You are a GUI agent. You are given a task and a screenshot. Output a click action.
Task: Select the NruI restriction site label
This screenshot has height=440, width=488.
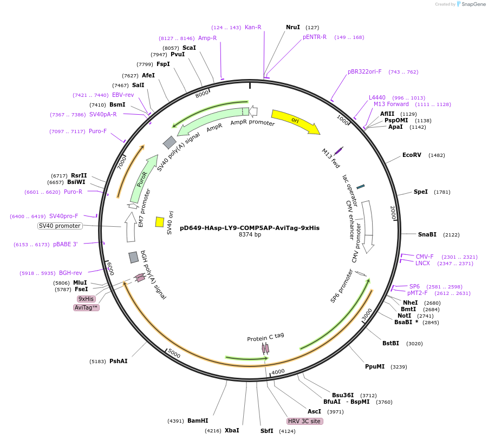pyautogui.click(x=293, y=27)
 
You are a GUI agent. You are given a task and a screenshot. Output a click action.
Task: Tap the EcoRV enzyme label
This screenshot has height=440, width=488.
pyautogui.click(x=412, y=155)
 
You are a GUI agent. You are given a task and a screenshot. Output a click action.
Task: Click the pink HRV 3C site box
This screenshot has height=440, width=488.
pyautogui.click(x=304, y=421)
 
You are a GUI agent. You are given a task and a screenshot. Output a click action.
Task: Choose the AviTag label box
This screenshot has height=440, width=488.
pyautogui.click(x=87, y=307)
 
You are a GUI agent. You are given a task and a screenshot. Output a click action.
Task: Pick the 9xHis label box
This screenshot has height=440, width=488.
pyautogui.click(x=86, y=299)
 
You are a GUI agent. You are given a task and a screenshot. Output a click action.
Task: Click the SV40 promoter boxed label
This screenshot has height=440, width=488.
pyautogui.click(x=60, y=226)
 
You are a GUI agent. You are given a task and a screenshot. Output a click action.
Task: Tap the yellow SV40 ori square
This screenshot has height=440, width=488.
pyautogui.click(x=160, y=222)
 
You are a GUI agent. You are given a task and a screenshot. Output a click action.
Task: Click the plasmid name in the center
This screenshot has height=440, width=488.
pyautogui.click(x=250, y=228)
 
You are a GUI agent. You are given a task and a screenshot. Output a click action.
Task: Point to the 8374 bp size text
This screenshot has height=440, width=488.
pyautogui.click(x=250, y=235)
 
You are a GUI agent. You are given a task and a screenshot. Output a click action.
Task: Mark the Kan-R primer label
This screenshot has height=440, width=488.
pyautogui.click(x=253, y=27)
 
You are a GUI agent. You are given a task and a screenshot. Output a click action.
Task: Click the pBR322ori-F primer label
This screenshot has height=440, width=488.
pyautogui.click(x=365, y=71)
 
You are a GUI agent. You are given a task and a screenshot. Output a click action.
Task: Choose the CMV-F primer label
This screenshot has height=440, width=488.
pyautogui.click(x=425, y=257)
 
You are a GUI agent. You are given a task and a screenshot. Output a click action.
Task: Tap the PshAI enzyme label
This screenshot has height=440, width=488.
pyautogui.click(x=118, y=361)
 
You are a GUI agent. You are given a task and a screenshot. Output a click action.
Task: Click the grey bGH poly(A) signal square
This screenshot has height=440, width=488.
pyautogui.click(x=134, y=258)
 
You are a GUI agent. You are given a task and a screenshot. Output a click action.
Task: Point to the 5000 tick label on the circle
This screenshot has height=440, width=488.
pyautogui.click(x=174, y=353)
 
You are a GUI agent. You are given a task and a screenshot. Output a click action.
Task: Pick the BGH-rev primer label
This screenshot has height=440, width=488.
pyautogui.click(x=70, y=273)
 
